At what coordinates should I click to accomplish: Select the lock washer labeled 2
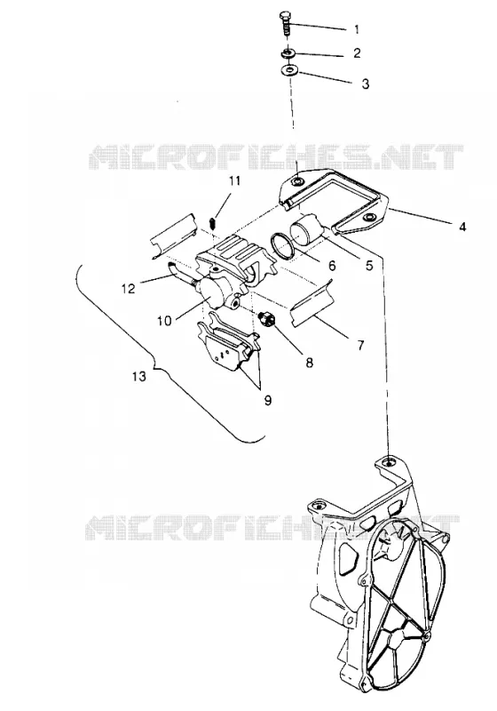coord(288,53)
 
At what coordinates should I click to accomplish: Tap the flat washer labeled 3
coord(288,71)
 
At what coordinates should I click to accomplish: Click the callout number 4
coord(462,227)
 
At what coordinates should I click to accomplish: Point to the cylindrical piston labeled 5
coord(307,228)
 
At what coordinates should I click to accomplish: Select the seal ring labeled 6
coord(282,246)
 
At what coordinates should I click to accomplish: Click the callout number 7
coord(360,346)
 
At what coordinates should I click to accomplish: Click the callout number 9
coord(267,401)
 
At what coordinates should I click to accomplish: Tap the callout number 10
coord(164,321)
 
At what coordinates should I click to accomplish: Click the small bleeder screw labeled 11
coord(214,222)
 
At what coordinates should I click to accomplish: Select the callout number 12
coord(129,288)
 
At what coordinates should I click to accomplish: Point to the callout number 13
coord(139,376)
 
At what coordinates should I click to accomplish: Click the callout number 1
coord(357,29)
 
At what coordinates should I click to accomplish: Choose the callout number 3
coord(366,84)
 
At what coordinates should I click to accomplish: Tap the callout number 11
coord(234,181)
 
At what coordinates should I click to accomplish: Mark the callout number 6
coord(332,266)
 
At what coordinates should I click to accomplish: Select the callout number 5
coord(369,266)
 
